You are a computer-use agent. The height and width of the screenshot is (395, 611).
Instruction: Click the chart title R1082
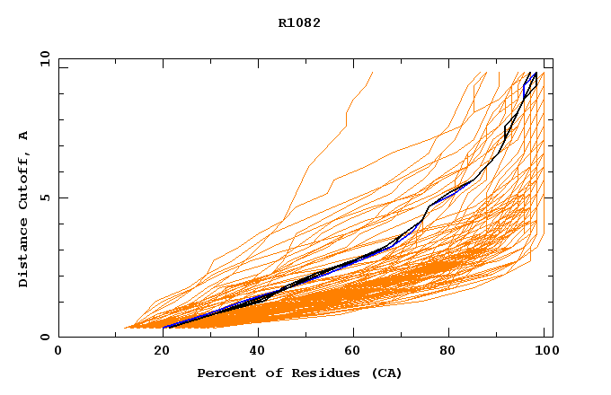299,22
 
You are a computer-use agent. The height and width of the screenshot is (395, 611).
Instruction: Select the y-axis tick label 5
44,198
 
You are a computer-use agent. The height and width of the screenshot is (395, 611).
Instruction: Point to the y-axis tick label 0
44,338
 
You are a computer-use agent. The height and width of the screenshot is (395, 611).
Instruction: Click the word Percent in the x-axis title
225,373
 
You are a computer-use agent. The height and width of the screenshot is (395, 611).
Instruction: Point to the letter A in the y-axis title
24,136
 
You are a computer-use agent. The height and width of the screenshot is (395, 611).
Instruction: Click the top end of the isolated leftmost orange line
372,73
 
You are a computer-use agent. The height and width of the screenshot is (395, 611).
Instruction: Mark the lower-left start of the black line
164,328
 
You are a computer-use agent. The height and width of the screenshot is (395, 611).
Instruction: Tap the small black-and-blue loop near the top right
530,83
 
